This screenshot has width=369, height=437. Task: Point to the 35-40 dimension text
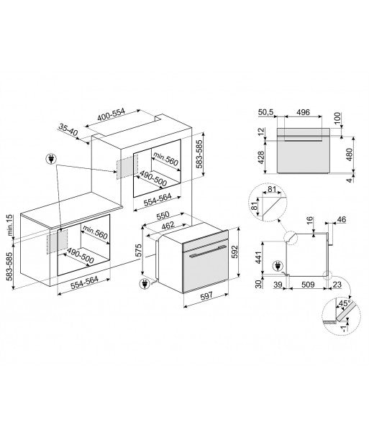68,130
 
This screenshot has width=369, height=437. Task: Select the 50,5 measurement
266,112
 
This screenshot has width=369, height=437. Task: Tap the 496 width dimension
303,112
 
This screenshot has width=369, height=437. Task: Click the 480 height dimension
349,155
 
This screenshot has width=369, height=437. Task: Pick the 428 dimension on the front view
260,157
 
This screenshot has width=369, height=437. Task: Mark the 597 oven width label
206,295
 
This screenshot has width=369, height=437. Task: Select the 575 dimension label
138,251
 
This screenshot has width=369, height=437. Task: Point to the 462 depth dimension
168,225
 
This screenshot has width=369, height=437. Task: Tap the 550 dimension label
163,216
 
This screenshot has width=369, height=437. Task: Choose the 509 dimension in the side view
308,285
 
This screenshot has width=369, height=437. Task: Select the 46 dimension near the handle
342,220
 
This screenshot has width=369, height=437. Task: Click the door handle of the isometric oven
208,252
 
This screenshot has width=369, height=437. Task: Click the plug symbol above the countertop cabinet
51,159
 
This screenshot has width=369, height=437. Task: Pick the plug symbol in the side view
278,266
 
